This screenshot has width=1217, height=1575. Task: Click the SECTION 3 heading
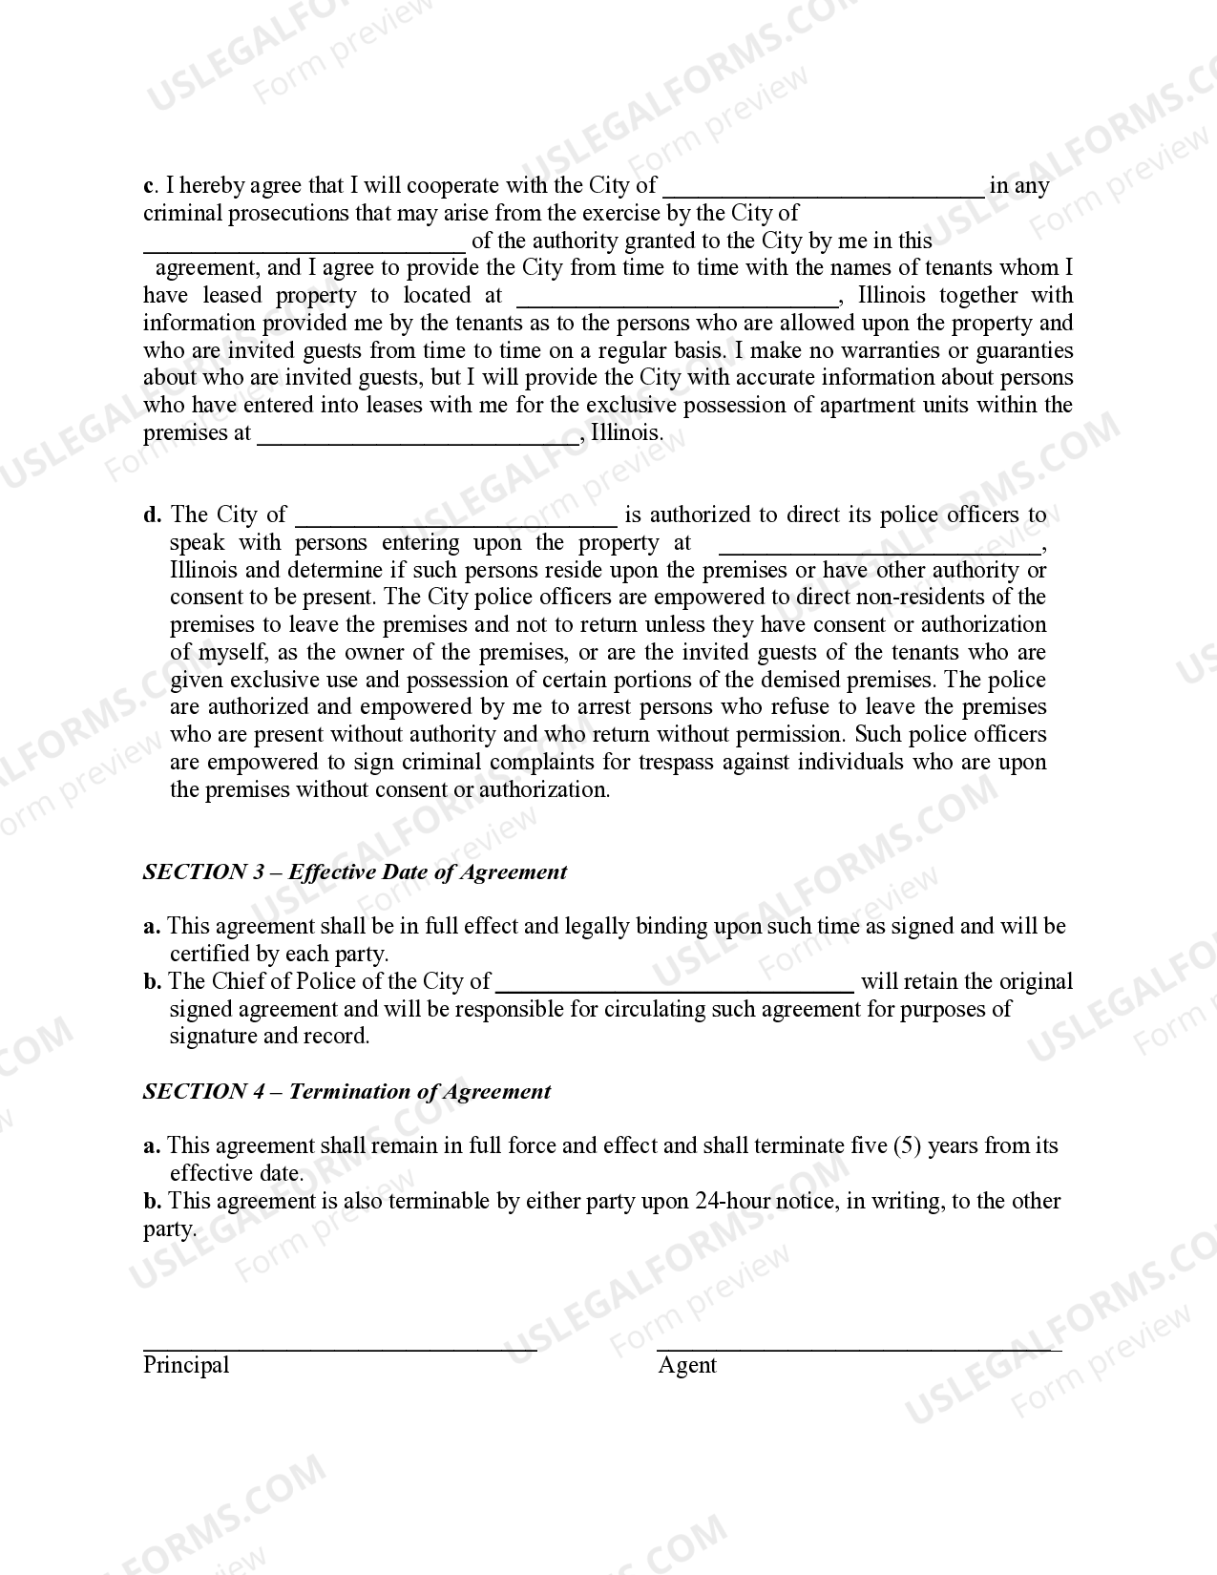[x=354, y=871]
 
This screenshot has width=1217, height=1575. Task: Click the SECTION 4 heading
[x=346, y=1091]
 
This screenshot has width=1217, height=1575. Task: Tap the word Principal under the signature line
[x=186, y=1365]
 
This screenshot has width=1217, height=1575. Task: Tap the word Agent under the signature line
[x=686, y=1365]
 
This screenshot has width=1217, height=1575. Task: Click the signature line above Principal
[x=339, y=1348]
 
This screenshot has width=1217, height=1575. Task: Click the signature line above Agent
[x=859, y=1348]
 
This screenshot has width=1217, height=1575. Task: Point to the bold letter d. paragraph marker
[x=152, y=515]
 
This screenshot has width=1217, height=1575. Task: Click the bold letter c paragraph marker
[x=149, y=186]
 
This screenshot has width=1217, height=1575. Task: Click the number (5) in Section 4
[x=907, y=1145]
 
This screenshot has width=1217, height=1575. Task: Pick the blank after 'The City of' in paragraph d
[x=456, y=521]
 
